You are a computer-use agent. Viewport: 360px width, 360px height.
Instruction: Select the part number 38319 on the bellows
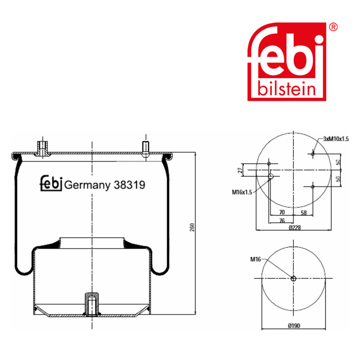point(129,185)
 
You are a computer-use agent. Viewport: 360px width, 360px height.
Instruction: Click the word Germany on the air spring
point(87,185)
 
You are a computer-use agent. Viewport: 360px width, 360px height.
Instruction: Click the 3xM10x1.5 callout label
point(336,139)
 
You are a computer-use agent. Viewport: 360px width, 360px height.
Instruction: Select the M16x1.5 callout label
point(242,192)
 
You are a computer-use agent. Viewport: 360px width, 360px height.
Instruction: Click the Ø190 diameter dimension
point(294,326)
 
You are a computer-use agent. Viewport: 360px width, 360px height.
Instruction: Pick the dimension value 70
point(281,213)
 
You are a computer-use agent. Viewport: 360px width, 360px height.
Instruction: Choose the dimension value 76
point(282,220)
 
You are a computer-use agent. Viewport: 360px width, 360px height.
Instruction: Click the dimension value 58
point(304,213)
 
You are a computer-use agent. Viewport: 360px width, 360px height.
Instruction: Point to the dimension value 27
point(240,170)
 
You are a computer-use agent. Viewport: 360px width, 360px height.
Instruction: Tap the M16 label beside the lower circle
point(255,259)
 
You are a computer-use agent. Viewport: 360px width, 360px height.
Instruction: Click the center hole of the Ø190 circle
point(294,279)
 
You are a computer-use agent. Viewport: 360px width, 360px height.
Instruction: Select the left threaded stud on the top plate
point(42,148)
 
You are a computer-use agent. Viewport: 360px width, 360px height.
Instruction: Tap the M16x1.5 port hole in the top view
point(271,176)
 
